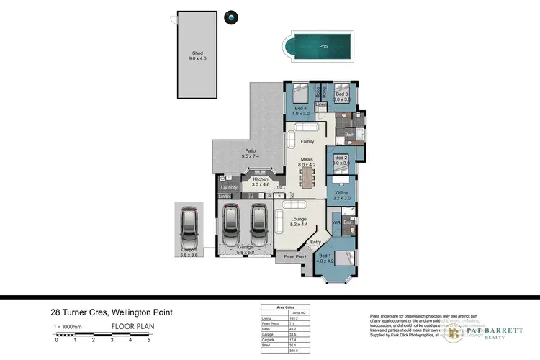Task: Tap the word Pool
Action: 323,47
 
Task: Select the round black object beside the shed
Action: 231,16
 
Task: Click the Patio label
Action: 250,150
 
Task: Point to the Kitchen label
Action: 260,178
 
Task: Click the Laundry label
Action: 229,187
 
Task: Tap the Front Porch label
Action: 295,256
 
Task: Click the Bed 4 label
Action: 300,109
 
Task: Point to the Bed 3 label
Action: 341,94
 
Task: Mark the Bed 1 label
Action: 325,256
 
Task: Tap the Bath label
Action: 350,135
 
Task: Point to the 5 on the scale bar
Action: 148,339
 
